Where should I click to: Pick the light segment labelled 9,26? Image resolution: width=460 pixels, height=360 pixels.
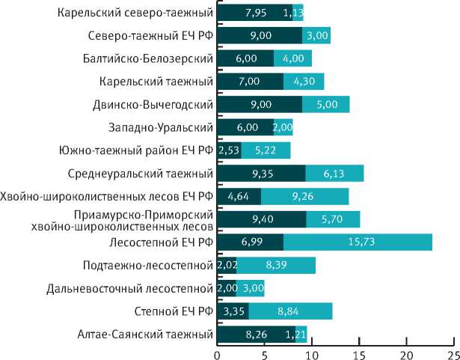pyautogui.click(x=305, y=197)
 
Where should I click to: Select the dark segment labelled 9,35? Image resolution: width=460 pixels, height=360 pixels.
pyautogui.click(x=261, y=174)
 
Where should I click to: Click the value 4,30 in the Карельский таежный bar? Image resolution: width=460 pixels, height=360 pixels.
pyautogui.click(x=304, y=82)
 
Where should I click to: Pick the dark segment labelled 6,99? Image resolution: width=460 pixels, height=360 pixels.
pyautogui.click(x=250, y=242)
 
